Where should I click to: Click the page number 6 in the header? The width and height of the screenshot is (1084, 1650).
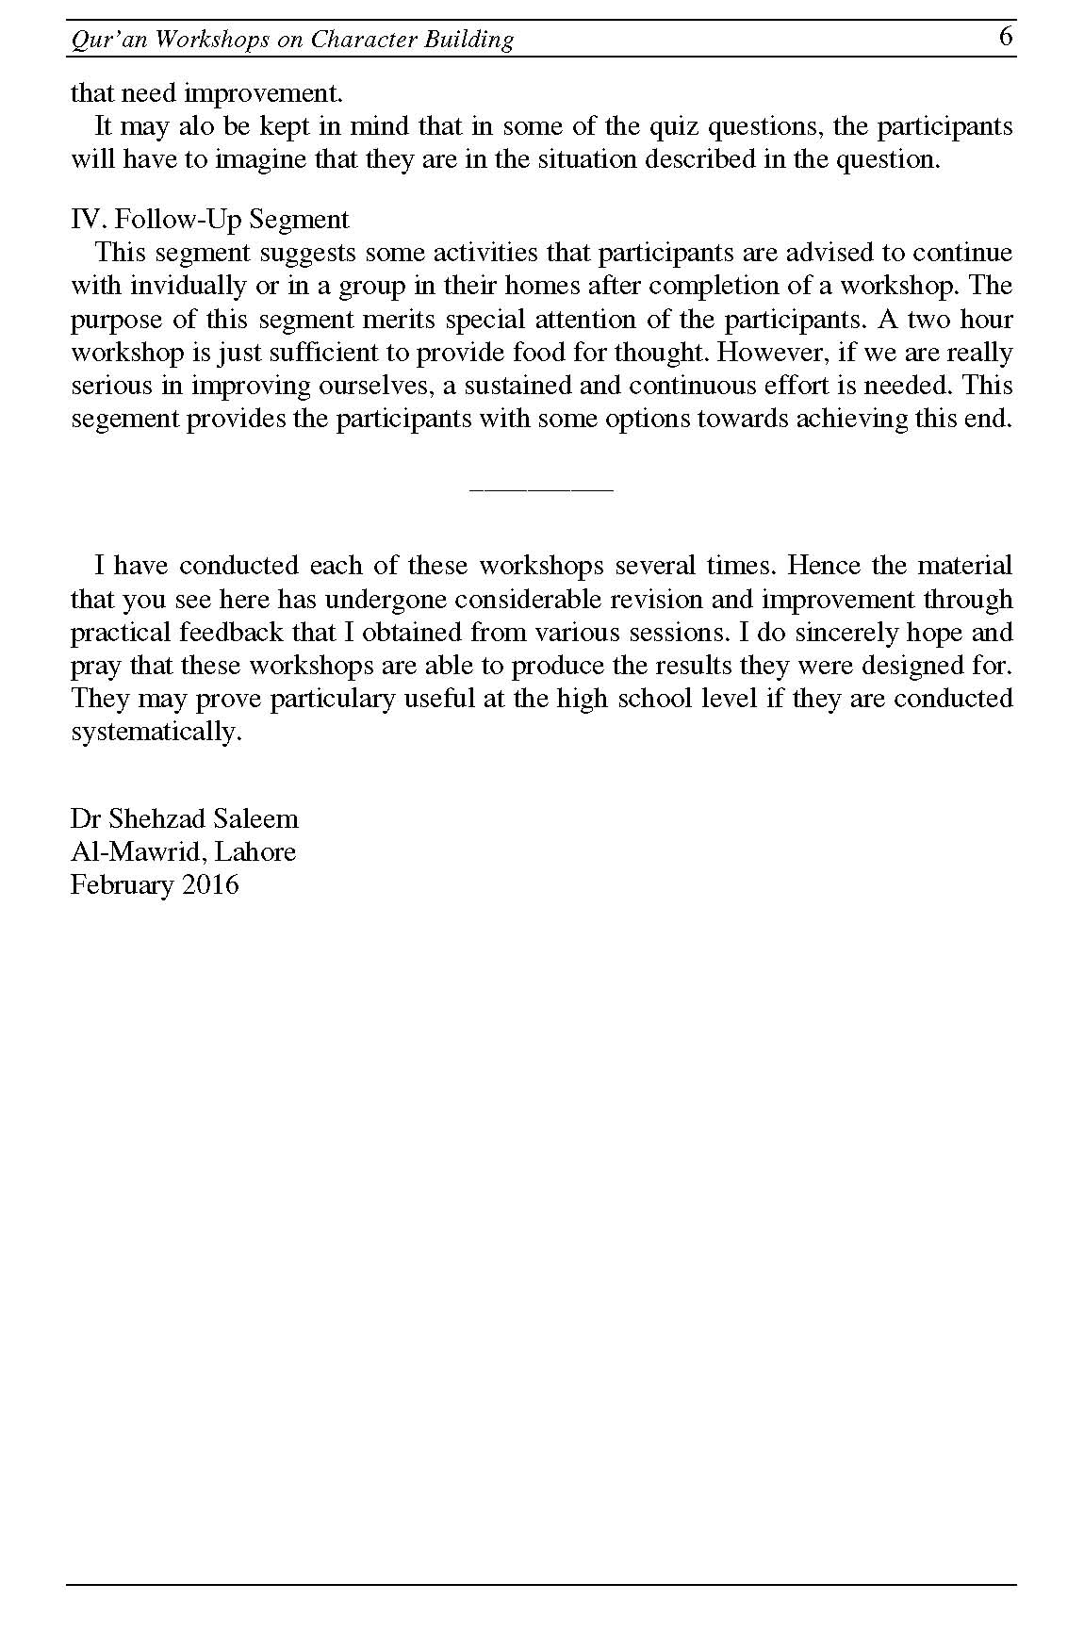[1006, 37]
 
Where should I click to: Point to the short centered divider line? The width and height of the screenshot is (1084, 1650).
[541, 489]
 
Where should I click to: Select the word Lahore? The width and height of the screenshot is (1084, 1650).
[255, 851]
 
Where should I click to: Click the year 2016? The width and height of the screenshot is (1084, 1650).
[211, 884]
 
